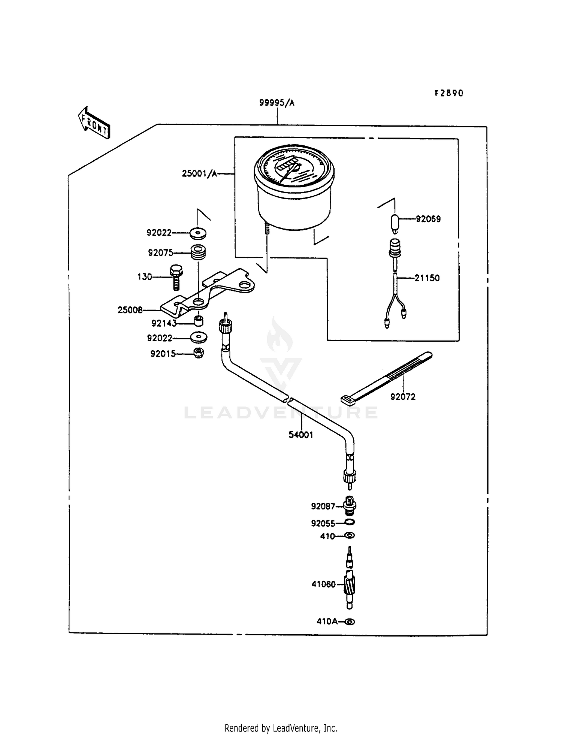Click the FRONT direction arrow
pos(93,123)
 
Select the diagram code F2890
pos(448,93)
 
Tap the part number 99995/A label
pos(277,103)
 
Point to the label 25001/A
pos(199,173)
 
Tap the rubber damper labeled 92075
pos(198,252)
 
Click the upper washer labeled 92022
pos(197,233)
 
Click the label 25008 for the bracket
pos(130,310)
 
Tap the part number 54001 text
pos(300,435)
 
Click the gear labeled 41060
pos(350,585)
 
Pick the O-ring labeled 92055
pos(350,522)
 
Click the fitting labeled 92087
pos(350,506)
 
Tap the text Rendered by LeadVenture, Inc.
pos(281,728)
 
